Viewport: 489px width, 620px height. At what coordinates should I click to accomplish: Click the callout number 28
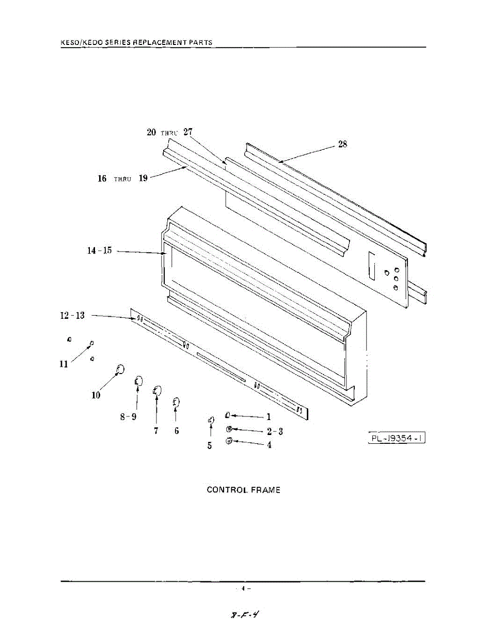343,145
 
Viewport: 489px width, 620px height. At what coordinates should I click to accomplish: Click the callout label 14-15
99,251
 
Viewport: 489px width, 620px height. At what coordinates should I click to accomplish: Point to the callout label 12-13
72,316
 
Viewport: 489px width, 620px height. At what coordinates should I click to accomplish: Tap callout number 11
64,364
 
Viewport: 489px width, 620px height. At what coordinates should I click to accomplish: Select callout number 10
96,396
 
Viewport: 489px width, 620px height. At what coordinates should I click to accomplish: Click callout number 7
156,430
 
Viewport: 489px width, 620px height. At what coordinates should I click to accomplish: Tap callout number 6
177,430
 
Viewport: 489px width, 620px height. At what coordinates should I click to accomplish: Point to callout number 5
210,445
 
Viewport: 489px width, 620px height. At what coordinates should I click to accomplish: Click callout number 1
269,417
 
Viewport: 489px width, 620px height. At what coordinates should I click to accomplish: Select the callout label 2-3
275,431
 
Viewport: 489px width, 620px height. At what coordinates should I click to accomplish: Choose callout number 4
269,445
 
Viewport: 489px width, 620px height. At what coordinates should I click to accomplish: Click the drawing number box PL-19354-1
397,439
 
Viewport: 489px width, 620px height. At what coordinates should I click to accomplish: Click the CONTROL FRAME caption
244,490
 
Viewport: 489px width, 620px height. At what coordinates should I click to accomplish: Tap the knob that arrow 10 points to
119,369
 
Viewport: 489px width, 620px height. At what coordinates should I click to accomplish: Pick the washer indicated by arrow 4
229,441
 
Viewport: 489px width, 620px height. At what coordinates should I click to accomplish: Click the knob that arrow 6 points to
176,401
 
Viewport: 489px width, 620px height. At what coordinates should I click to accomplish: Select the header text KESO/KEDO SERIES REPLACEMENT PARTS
136,42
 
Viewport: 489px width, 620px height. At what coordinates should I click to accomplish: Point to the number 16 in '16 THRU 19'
102,178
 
